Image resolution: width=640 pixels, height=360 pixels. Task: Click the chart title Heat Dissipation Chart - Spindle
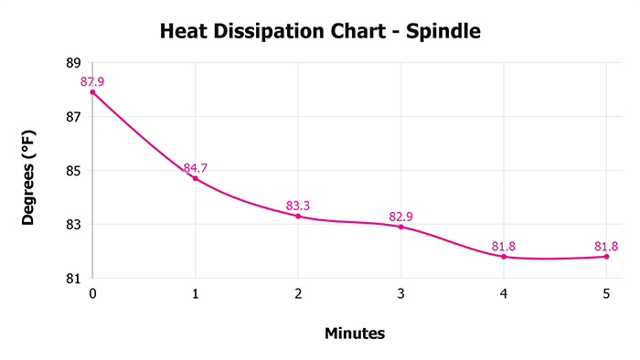click(320, 31)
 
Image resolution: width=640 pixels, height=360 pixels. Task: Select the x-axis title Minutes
click(355, 334)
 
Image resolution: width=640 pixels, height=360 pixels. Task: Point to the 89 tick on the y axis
click(73, 64)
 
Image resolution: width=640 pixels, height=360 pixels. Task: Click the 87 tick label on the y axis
click(73, 117)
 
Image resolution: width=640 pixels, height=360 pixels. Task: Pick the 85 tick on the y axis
click(73, 171)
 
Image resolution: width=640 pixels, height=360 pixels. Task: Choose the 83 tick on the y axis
click(73, 225)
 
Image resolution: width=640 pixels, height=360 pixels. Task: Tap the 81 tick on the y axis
click(73, 278)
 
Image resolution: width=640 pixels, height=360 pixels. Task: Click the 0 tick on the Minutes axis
click(92, 293)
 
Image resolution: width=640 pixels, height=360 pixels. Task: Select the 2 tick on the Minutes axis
click(298, 293)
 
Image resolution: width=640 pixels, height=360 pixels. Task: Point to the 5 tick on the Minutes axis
click(606, 293)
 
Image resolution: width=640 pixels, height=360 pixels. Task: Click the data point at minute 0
click(92, 92)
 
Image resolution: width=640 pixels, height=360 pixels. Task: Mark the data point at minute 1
click(196, 178)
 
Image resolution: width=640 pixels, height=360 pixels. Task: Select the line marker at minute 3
click(400, 227)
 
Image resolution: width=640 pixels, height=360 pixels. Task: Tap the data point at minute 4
click(504, 256)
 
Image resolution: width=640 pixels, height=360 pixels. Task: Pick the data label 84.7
click(196, 168)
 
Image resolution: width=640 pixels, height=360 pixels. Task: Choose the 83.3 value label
click(298, 206)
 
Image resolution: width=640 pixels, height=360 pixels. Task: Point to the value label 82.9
click(400, 217)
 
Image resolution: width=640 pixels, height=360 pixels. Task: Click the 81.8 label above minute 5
click(606, 246)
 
